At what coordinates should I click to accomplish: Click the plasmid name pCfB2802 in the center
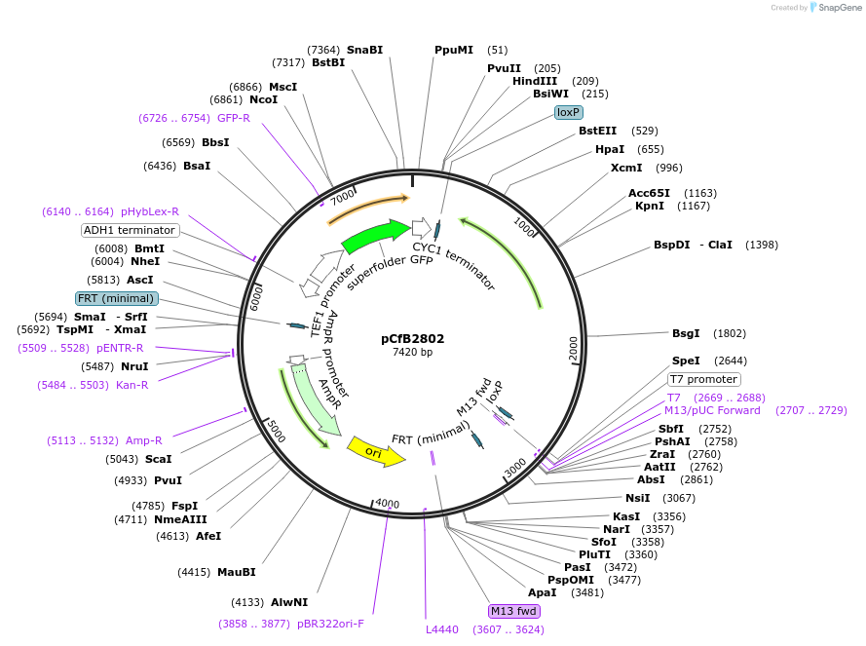tap(412, 339)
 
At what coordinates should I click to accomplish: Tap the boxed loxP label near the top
tap(568, 112)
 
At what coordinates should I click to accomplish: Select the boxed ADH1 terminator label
tap(131, 231)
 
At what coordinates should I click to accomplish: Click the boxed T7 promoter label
tap(703, 379)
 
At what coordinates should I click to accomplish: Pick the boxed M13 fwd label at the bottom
tap(514, 611)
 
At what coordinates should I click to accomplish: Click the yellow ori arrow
tap(375, 451)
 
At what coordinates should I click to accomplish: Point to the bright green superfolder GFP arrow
tap(375, 237)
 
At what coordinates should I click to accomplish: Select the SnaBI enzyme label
tap(365, 50)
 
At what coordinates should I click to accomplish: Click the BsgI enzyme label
tap(686, 333)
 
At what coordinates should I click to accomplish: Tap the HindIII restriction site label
tap(535, 81)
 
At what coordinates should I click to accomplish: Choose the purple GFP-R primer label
tap(234, 118)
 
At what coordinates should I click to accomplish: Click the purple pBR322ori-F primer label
tap(330, 623)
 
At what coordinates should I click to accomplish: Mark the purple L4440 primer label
tap(442, 629)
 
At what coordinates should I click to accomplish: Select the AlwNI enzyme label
tap(288, 602)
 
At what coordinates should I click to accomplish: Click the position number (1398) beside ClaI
tap(762, 245)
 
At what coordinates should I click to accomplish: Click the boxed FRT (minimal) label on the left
tap(116, 298)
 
